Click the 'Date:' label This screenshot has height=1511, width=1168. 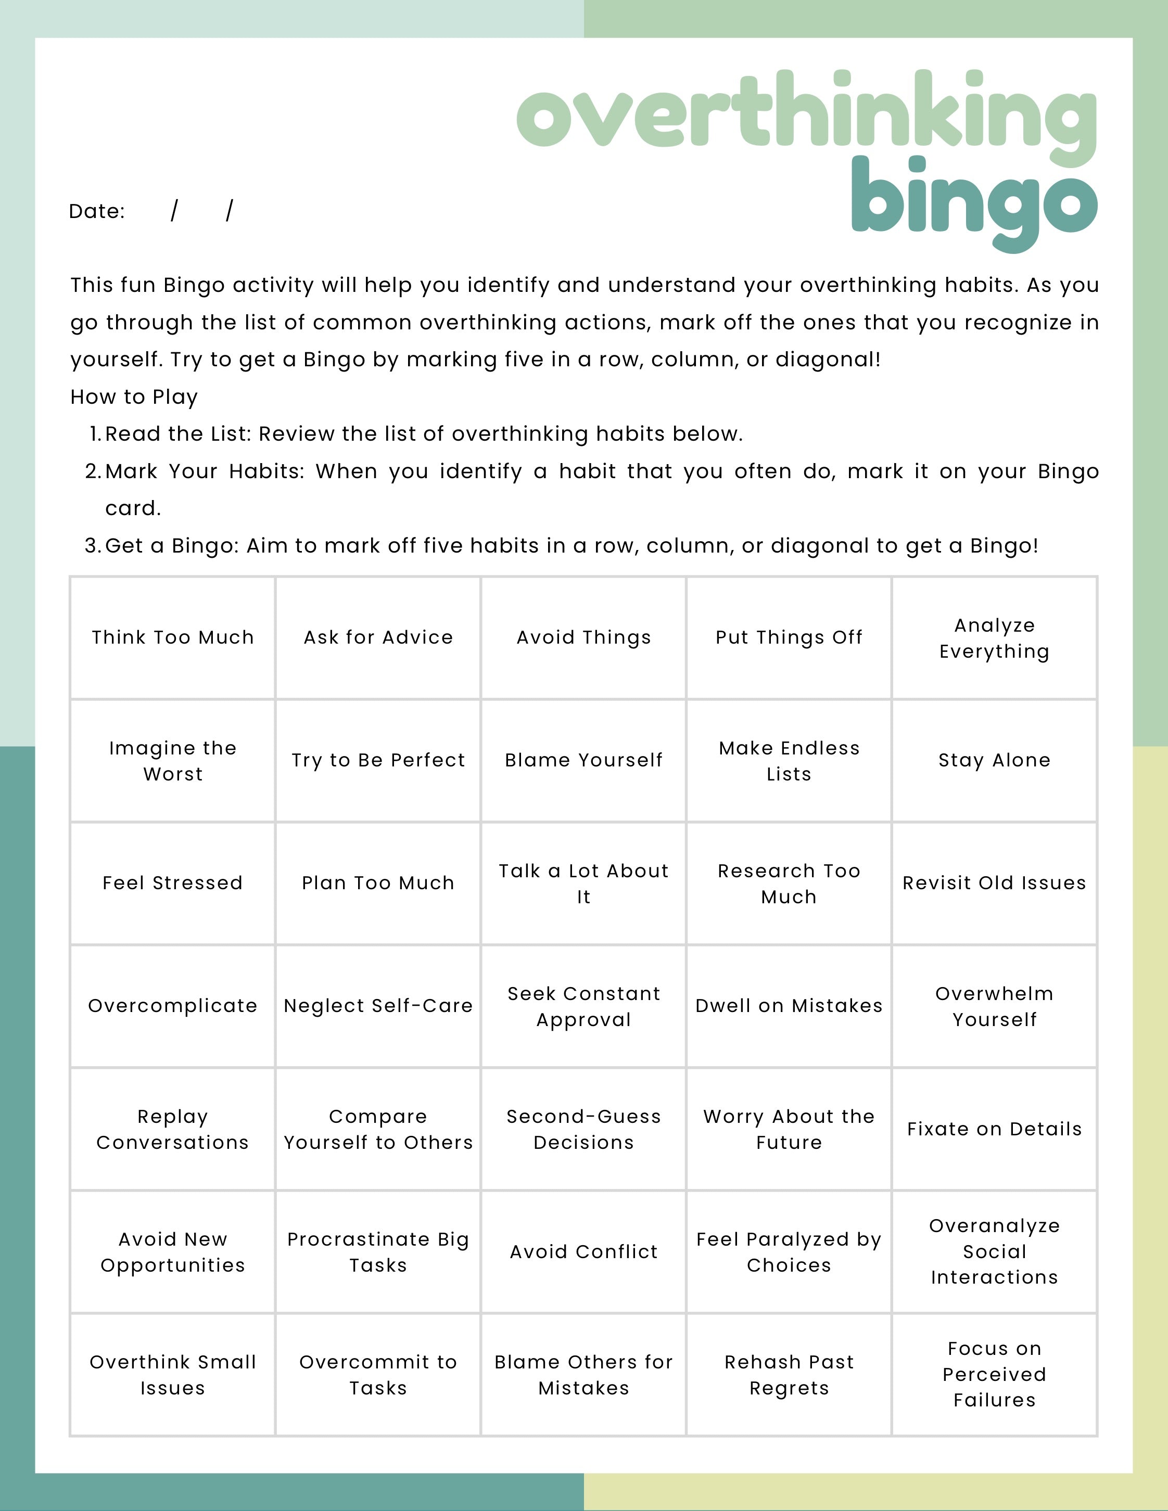(97, 211)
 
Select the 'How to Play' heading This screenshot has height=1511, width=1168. (134, 397)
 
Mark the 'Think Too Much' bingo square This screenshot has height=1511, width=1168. (173, 637)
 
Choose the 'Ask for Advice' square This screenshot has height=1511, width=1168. (378, 637)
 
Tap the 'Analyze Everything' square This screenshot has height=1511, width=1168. (994, 638)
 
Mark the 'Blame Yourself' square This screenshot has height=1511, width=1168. (584, 760)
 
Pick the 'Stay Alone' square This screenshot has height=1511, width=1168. (994, 760)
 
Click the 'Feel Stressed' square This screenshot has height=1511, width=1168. (173, 883)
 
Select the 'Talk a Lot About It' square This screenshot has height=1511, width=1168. (584, 883)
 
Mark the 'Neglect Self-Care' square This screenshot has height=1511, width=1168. (378, 1006)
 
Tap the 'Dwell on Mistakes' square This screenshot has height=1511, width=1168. (789, 1006)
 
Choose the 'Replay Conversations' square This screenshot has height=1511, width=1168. (173, 1129)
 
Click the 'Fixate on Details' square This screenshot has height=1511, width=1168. (994, 1129)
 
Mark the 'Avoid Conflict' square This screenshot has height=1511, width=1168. (584, 1251)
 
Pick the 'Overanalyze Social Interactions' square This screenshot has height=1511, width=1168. (994, 1251)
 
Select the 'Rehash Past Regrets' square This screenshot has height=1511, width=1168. (789, 1375)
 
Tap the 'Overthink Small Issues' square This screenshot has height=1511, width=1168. (173, 1375)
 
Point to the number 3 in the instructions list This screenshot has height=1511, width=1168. (92, 546)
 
